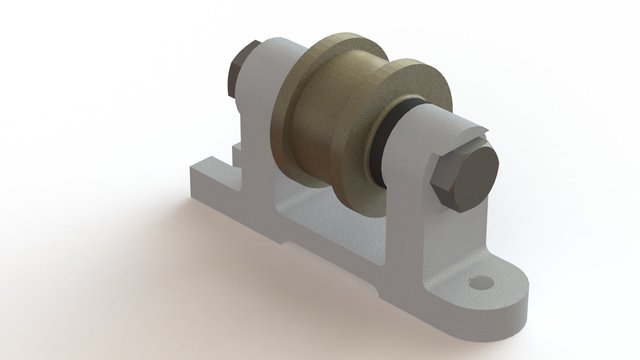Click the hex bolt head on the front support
(466, 183)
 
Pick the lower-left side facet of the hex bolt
(446, 200)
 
